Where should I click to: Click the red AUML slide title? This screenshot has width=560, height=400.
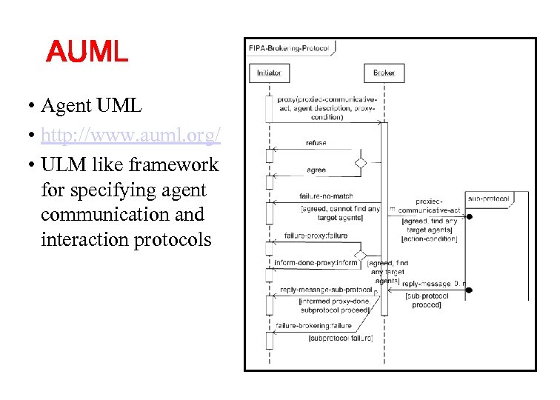click(87, 53)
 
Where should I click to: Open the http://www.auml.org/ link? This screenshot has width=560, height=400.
click(131, 136)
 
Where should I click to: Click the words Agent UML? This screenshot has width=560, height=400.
click(91, 106)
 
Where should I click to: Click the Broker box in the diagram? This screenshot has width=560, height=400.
click(384, 73)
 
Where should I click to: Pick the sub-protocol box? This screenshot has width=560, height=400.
click(488, 199)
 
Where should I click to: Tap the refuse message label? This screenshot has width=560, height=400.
click(316, 143)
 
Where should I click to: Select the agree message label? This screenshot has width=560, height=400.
click(316, 170)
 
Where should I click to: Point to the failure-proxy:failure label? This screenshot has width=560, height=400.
click(316, 236)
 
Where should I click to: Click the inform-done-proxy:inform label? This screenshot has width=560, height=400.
click(316, 263)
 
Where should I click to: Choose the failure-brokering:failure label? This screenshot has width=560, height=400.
click(313, 326)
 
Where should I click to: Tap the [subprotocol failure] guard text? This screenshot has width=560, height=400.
click(340, 339)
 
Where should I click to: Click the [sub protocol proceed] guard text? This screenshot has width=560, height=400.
click(426, 300)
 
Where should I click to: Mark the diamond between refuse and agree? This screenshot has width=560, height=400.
click(361, 162)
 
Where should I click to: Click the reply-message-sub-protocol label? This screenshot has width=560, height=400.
click(325, 289)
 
